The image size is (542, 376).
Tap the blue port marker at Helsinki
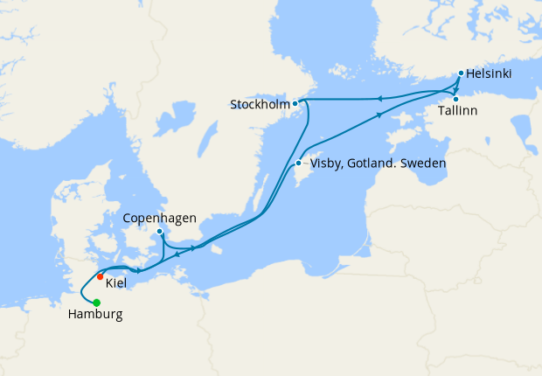click(x=461, y=74)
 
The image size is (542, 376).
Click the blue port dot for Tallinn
click(x=455, y=99)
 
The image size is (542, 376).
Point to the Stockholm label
click(x=259, y=105)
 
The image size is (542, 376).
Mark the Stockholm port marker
click(x=295, y=104)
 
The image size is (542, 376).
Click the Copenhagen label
click(x=159, y=218)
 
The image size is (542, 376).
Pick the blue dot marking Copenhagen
click(x=159, y=232)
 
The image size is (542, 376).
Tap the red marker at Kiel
click(x=101, y=276)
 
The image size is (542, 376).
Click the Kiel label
click(x=116, y=284)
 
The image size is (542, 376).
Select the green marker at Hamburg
click(x=96, y=303)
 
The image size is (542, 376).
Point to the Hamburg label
click(x=94, y=316)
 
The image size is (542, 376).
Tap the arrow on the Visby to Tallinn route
click(x=379, y=115)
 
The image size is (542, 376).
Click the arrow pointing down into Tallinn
click(x=454, y=89)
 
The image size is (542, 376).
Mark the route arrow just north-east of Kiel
click(x=139, y=270)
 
